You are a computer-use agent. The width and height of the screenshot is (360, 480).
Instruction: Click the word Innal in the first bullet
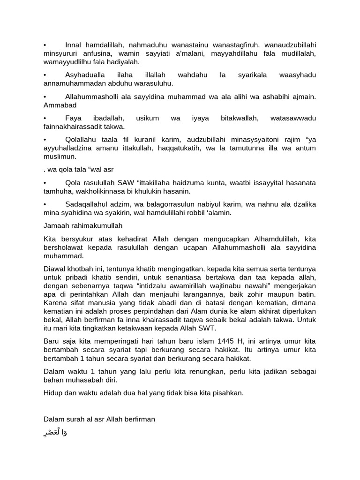[74, 45]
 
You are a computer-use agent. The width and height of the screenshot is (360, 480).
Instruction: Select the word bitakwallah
[240, 118]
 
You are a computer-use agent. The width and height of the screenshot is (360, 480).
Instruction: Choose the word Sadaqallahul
[86, 204]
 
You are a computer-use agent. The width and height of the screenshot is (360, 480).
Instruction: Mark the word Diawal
[54, 269]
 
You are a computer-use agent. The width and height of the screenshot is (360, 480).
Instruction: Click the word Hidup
[53, 393]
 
